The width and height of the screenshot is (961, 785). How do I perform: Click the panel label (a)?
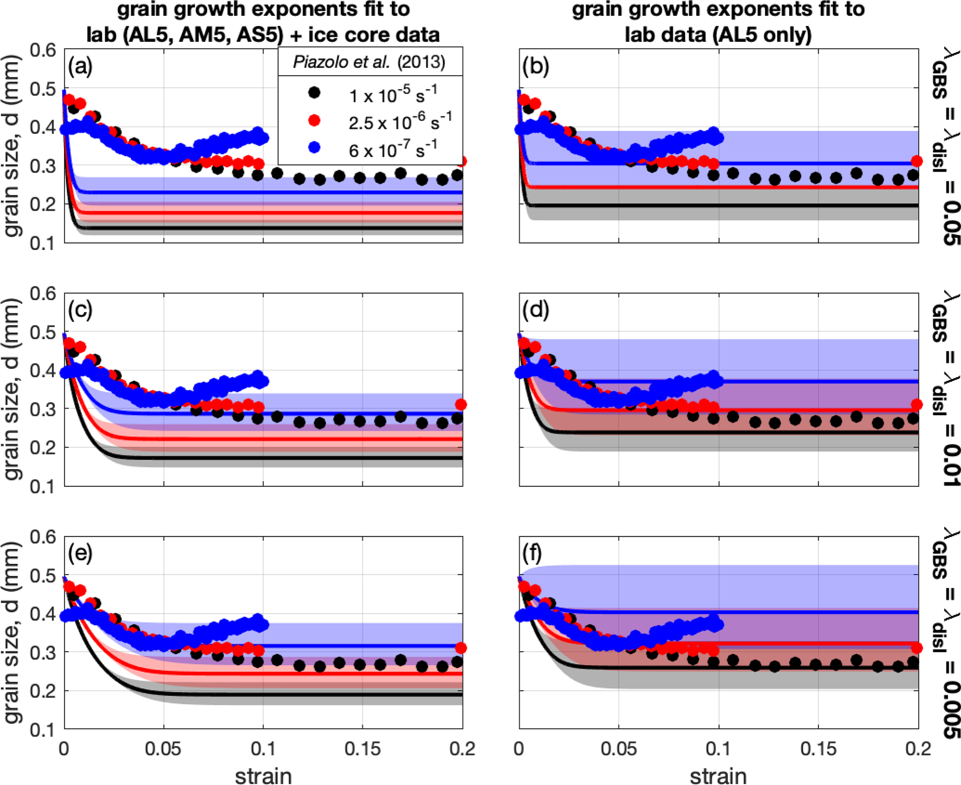[80, 67]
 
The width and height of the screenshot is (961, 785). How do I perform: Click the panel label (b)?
[536, 67]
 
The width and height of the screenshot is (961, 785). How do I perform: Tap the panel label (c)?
[80, 310]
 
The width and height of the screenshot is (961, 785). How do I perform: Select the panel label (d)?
[536, 310]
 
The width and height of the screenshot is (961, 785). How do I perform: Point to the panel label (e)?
[80, 553]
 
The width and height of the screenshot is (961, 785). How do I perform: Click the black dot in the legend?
[315, 93]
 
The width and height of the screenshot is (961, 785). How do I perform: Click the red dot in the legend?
[315, 120]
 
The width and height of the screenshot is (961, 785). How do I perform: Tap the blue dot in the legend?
[315, 148]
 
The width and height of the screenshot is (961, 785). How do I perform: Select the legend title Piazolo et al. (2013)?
[369, 62]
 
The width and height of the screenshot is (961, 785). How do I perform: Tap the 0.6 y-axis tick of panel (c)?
[43, 294]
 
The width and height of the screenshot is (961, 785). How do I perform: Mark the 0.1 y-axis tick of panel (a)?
[43, 243]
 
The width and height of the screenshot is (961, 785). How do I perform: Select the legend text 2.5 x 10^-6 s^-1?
[400, 121]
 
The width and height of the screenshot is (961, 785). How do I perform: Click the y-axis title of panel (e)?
[13, 632]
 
